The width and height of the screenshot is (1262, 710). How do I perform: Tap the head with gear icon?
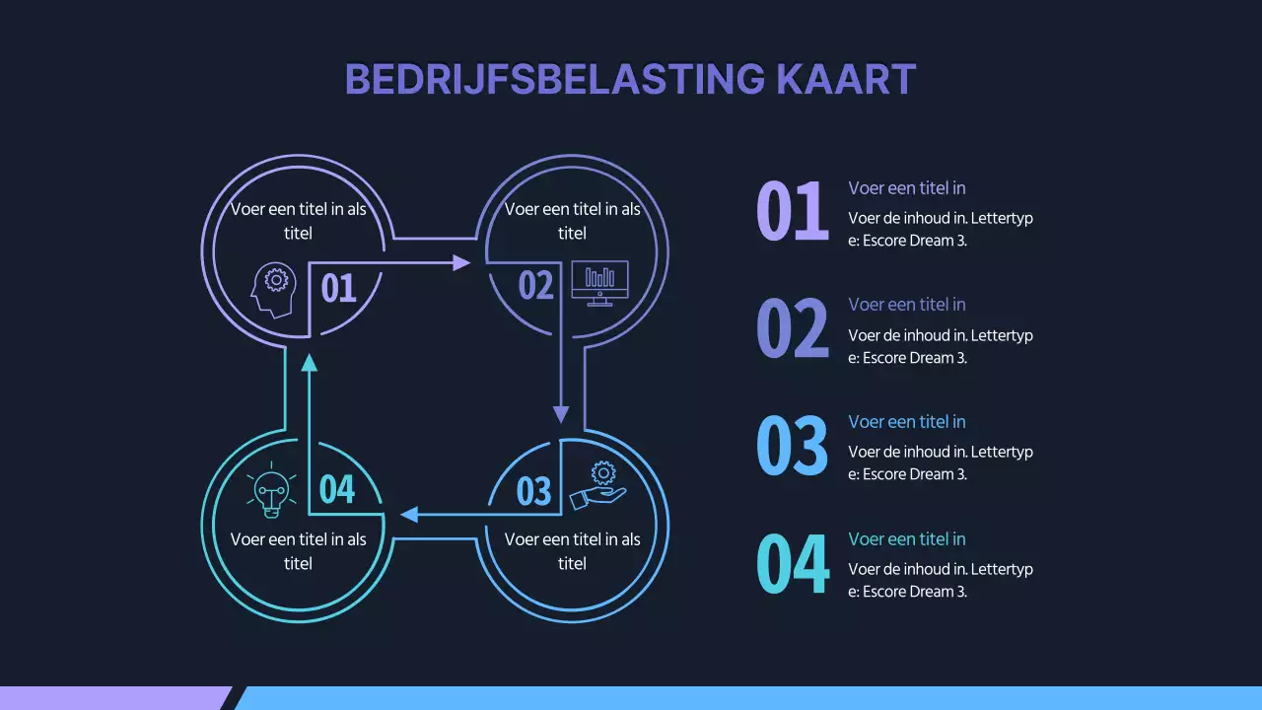click(x=273, y=289)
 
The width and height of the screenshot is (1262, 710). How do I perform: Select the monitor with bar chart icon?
click(x=599, y=283)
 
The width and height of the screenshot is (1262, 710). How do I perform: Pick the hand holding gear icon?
click(x=597, y=486)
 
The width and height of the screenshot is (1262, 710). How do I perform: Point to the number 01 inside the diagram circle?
click(x=338, y=288)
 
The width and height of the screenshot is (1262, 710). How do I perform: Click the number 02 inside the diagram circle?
click(x=536, y=286)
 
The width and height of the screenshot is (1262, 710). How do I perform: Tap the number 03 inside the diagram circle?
click(x=533, y=491)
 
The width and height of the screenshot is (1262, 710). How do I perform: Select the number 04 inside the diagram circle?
click(x=337, y=489)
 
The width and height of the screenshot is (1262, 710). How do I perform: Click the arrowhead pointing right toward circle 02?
click(x=461, y=262)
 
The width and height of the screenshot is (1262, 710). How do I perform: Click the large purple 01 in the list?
click(x=792, y=212)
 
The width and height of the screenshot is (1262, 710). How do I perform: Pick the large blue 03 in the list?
click(x=792, y=446)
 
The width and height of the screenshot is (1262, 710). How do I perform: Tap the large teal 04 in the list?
click(x=792, y=563)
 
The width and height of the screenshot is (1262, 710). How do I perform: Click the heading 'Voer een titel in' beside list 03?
click(x=907, y=422)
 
